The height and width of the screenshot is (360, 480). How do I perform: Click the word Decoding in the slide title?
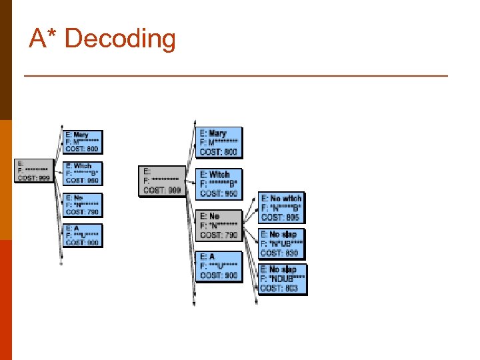click(x=120, y=39)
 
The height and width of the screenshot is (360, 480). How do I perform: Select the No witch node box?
click(x=281, y=208)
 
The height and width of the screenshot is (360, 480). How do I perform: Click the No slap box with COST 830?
click(x=281, y=244)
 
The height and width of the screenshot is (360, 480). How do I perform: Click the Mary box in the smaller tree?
click(x=83, y=142)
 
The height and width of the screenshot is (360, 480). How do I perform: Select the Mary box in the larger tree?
click(x=220, y=143)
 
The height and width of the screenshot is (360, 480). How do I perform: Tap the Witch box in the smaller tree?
click(x=83, y=173)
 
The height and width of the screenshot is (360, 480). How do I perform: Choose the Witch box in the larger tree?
click(x=220, y=183)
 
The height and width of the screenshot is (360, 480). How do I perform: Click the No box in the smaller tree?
click(x=83, y=203)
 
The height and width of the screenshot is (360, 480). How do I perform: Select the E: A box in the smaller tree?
click(x=83, y=235)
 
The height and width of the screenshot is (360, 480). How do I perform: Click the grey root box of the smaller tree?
click(x=33, y=171)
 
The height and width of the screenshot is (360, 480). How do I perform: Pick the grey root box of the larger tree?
click(x=162, y=181)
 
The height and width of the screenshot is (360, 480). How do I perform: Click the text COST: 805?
click(x=281, y=217)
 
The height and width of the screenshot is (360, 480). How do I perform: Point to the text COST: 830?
click(x=280, y=253)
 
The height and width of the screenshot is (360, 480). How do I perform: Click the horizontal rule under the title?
click(x=236, y=76)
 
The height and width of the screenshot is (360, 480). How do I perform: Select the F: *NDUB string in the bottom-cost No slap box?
click(x=283, y=279)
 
